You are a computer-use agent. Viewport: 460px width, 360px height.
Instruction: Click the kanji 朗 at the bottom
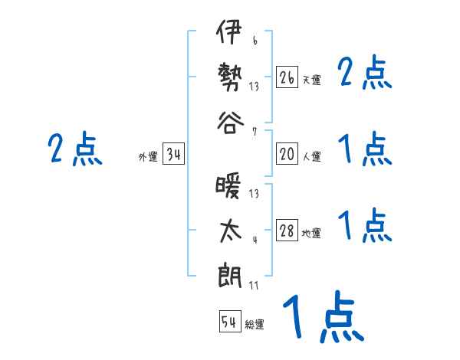tap(229, 276)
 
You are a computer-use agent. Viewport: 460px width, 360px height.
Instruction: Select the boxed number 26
tap(287, 77)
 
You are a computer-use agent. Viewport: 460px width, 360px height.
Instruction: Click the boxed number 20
tap(287, 154)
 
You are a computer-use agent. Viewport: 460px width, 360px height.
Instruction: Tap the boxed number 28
tap(287, 231)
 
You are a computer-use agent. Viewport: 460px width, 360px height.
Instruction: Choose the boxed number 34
tap(173, 155)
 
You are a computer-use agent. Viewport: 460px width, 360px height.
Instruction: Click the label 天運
tap(311, 80)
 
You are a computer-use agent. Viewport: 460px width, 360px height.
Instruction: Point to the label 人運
tap(311, 157)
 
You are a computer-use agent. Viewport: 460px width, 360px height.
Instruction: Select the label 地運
tap(311, 234)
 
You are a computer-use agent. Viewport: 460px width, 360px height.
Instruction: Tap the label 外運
tap(148, 157)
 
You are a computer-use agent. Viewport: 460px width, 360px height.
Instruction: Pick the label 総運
tap(255, 325)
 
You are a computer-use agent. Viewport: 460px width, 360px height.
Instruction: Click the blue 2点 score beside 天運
tap(364, 74)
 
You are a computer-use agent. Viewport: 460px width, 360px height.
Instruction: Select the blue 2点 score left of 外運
tap(74, 149)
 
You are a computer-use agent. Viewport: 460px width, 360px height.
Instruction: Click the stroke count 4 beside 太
tap(255, 241)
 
